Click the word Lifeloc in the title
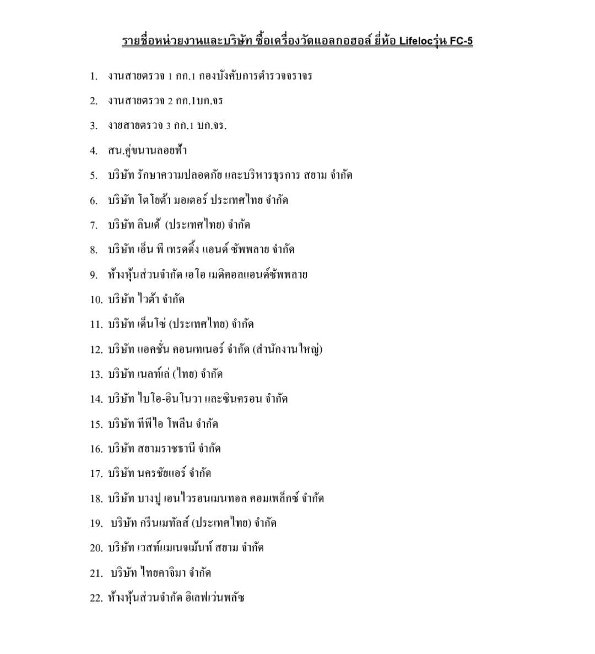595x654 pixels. (x=419, y=41)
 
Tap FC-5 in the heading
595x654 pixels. (x=461, y=41)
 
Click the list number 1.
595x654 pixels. (x=94, y=76)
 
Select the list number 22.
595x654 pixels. (x=96, y=598)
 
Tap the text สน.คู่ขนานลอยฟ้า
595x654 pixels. (x=147, y=151)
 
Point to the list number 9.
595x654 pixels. (x=94, y=275)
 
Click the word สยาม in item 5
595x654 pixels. (x=315, y=175)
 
